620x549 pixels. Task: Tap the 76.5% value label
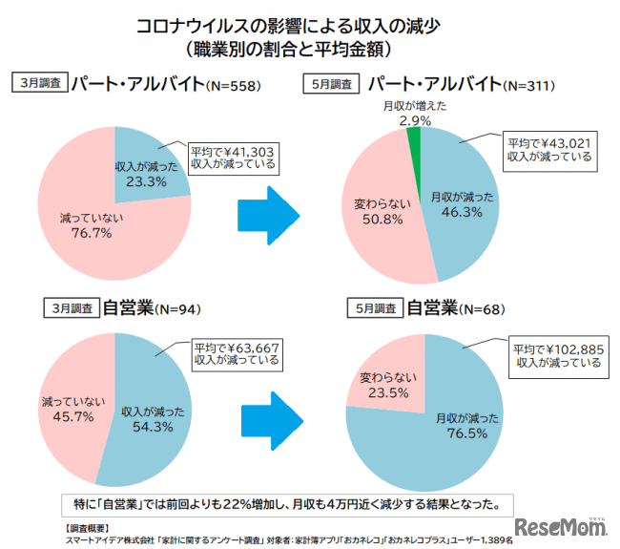tap(465, 433)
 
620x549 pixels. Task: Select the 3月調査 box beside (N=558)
tap(40, 82)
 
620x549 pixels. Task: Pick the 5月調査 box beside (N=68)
tap(374, 308)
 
